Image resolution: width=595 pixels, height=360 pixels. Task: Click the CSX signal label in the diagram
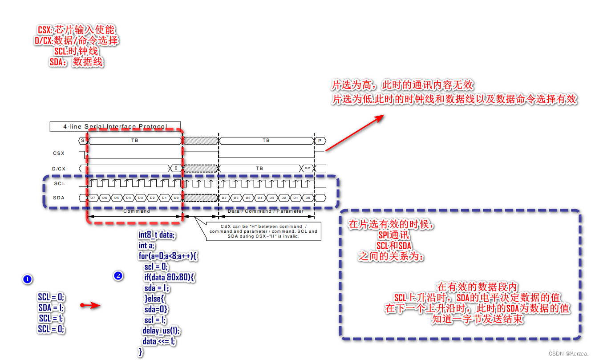pyautogui.click(x=59, y=154)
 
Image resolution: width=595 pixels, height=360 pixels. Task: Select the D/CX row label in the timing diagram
pyautogui.click(x=59, y=169)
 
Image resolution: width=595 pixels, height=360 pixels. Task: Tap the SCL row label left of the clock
pyautogui.click(x=60, y=183)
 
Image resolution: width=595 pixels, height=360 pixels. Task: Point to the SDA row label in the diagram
pyautogui.click(x=59, y=198)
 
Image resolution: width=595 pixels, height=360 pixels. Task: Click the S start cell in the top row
pyautogui.click(x=82, y=141)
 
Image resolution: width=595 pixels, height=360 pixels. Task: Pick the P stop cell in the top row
pyautogui.click(x=319, y=141)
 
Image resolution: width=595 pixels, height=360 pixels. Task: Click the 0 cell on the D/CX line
pyautogui.click(x=176, y=169)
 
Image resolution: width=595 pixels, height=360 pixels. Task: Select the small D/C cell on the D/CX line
pyautogui.click(x=307, y=169)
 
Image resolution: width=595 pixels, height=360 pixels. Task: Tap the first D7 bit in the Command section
pyautogui.click(x=93, y=198)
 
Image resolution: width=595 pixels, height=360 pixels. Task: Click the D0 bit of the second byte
pyautogui.click(x=307, y=198)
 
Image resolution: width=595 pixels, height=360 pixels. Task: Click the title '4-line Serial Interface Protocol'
pyautogui.click(x=115, y=127)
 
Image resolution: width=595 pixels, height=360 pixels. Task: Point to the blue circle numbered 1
pyautogui.click(x=27, y=279)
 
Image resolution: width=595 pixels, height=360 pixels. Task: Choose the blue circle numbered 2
pyautogui.click(x=118, y=276)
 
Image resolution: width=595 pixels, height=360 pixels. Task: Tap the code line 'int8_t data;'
pyautogui.click(x=157, y=235)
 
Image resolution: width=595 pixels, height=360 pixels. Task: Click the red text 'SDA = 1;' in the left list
pyautogui.click(x=51, y=307)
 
